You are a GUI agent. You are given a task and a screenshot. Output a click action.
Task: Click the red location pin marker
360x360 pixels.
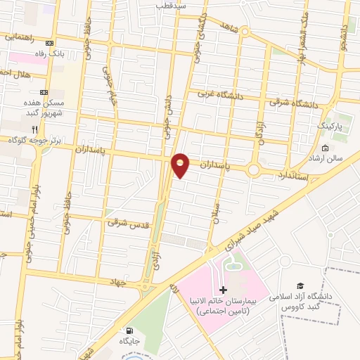pos(181,165)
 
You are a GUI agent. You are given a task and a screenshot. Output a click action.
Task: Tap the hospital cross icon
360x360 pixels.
pos(224,290)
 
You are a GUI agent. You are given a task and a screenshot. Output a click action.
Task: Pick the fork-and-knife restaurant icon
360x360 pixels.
pos(35,129)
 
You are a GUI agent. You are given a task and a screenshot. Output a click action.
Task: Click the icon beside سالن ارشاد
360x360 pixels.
pos(325,148)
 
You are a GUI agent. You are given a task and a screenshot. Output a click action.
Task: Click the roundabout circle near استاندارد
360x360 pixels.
pos(254,169)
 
